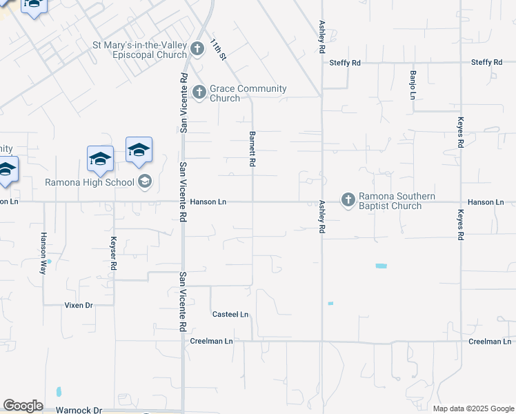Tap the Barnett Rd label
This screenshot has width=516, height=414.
click(x=252, y=148)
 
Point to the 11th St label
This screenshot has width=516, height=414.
click(x=219, y=48)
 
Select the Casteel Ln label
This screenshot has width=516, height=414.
click(x=230, y=315)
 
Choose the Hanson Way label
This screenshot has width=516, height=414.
click(x=43, y=253)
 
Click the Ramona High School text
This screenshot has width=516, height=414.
click(x=90, y=182)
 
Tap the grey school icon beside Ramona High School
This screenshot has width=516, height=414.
click(x=145, y=181)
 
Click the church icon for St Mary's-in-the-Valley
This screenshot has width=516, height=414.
click(x=197, y=49)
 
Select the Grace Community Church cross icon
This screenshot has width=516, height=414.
click(x=199, y=92)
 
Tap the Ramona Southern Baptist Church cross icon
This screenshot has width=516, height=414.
click(x=348, y=200)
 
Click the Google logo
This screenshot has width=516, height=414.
click(x=23, y=406)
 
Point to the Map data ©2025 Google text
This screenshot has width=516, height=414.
click(x=473, y=408)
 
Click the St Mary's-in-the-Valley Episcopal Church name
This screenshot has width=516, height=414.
click(x=140, y=50)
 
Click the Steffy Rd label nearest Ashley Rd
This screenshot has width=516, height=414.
click(x=345, y=63)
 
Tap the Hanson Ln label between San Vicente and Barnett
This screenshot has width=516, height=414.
click(x=208, y=202)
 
